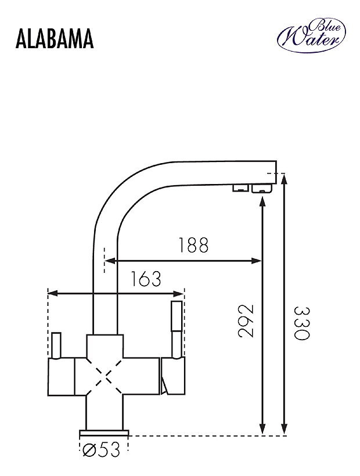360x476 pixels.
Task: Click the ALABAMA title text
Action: click(55, 39)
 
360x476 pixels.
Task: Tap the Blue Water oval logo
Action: click(311, 35)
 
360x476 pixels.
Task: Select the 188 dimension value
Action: click(193, 246)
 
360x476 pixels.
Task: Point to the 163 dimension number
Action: click(146, 279)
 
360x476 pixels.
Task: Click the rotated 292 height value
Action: click(245, 321)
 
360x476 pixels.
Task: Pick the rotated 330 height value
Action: click(302, 323)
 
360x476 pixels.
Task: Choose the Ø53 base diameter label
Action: click(102, 450)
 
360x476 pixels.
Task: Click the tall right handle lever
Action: click(177, 329)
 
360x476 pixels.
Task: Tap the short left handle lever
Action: click(56, 345)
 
